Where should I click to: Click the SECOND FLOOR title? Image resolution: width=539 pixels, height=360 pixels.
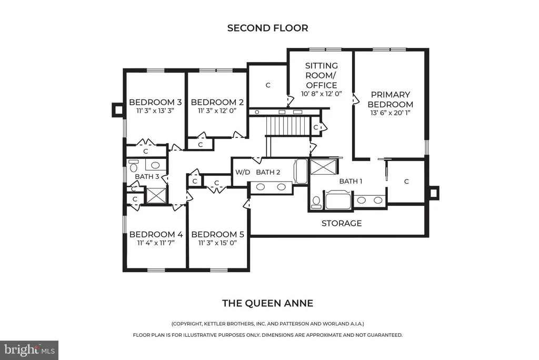[267, 28]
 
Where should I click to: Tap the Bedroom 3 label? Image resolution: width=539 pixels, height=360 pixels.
[155, 102]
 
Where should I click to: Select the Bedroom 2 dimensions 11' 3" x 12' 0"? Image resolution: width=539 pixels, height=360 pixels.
[217, 111]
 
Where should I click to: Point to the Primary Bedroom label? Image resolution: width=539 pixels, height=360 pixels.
[390, 99]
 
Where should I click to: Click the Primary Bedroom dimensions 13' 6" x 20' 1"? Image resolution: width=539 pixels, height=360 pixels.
[390, 113]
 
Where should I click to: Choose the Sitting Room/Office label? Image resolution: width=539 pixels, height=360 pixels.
[322, 75]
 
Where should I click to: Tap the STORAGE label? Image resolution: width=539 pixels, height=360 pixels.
[341, 224]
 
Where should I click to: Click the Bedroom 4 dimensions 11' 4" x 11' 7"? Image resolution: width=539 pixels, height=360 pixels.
[156, 243]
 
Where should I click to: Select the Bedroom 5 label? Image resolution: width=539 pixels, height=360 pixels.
[217, 235]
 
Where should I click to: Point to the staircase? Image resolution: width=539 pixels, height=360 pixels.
[288, 126]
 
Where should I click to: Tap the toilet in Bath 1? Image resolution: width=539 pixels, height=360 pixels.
[316, 202]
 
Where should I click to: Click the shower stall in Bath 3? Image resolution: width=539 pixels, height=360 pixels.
[156, 195]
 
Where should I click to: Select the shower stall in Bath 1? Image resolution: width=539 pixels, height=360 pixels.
[323, 166]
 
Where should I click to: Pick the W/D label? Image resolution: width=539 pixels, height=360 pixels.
[242, 172]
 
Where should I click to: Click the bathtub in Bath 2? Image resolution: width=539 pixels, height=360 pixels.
[301, 171]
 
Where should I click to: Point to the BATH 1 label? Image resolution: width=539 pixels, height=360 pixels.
[351, 181]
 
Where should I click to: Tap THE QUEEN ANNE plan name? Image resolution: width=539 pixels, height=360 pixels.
[267, 303]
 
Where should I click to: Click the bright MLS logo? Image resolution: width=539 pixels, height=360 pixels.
[29, 350]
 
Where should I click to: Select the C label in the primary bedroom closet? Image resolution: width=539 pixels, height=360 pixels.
[406, 182]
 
